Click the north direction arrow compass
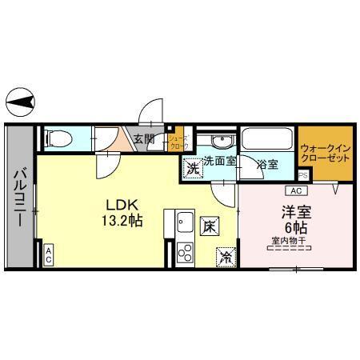coord(21,102)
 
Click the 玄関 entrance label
coord(144,139)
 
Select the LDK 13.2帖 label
coord(121,210)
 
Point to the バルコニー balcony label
coord(20,194)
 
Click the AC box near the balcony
coord(48,255)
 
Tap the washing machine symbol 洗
coord(192,169)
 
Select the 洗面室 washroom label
coord(219,161)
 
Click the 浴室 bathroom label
coord(268,165)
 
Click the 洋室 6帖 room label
coord(290,220)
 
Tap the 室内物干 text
coord(290,238)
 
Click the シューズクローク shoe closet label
coord(178,142)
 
